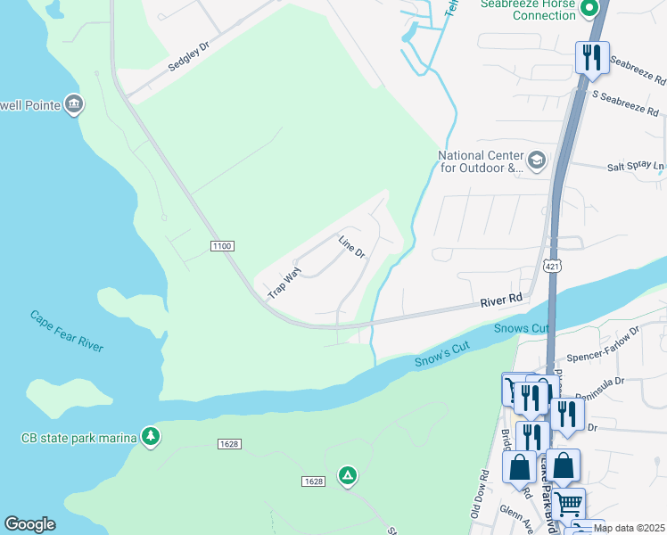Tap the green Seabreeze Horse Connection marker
[589, 10]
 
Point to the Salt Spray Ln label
[636, 166]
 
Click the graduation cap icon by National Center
[536, 160]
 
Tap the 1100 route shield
[222, 245]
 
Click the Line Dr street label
[352, 247]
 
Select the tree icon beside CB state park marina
[152, 436]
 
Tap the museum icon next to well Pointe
[74, 105]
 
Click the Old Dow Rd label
[478, 496]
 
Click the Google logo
[29, 524]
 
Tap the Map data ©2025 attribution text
[629, 528]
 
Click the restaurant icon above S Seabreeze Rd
[592, 58]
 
